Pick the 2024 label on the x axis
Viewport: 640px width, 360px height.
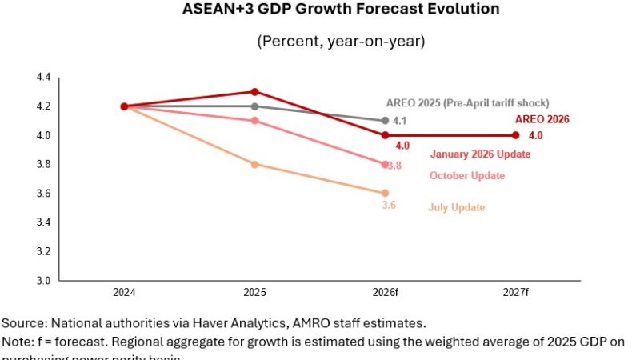(124, 293)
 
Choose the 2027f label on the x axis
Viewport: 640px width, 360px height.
(515, 293)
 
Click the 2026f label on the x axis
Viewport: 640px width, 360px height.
(385, 293)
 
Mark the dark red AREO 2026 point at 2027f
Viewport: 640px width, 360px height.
(515, 135)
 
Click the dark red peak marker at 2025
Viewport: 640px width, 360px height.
(254, 91)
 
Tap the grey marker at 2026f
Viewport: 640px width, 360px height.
(385, 121)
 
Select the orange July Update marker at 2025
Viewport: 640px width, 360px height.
(254, 164)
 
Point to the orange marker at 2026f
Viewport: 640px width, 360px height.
(385, 193)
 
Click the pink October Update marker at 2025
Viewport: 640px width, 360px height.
(254, 121)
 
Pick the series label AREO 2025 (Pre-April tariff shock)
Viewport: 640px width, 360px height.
(467, 103)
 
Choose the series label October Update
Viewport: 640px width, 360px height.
(467, 176)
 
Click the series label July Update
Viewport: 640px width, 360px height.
(456, 208)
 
